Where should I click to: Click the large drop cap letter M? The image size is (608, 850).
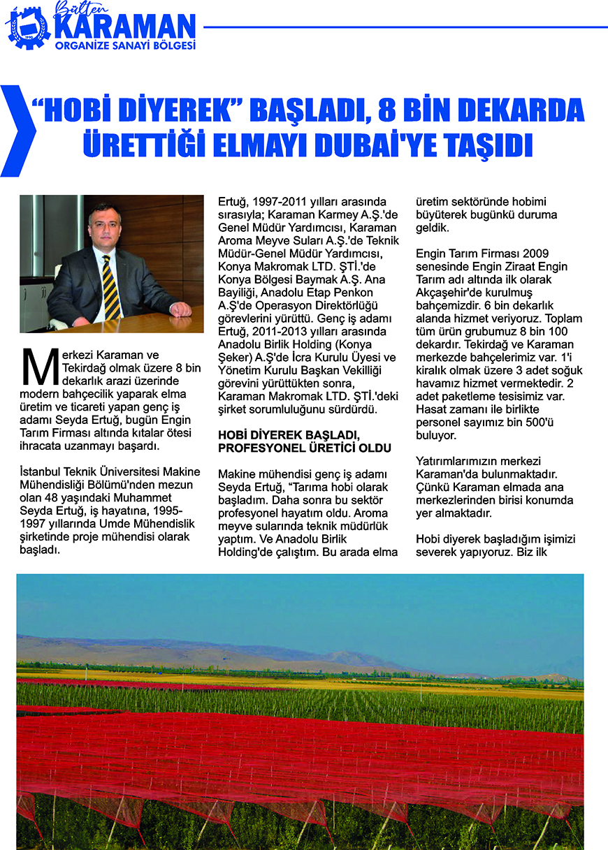point(38,367)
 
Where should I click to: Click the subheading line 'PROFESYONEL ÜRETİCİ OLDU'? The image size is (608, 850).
point(304,447)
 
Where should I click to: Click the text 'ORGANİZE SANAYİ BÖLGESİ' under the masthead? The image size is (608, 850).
point(124,46)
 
